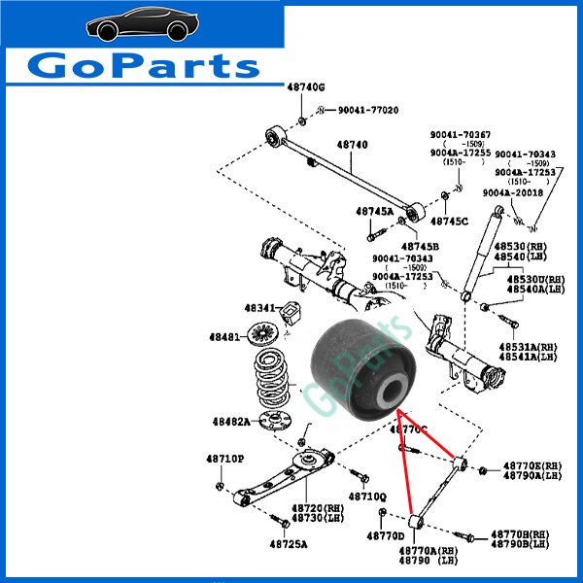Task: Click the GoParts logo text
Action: pos(144,65)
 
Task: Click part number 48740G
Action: pos(305,88)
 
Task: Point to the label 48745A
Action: pos(374,211)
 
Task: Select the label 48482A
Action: pos(231,422)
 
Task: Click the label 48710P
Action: pos(224,458)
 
